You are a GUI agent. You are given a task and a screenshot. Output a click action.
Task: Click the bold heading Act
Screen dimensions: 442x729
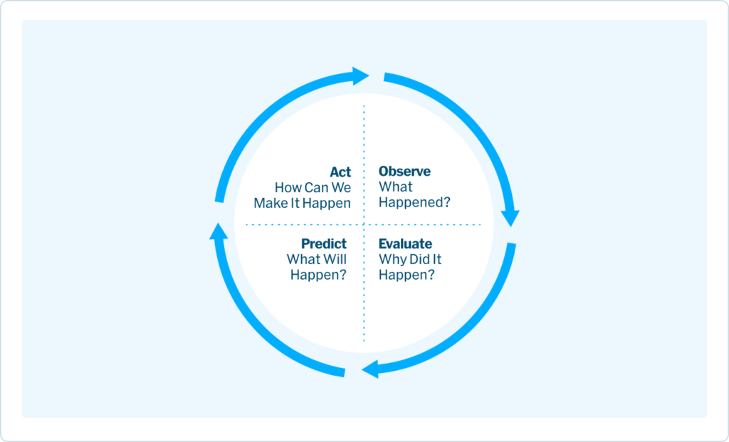click(x=340, y=172)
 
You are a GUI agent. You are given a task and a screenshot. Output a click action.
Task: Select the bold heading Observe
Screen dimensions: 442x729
click(x=404, y=172)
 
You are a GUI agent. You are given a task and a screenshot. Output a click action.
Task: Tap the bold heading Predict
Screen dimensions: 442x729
click(x=324, y=244)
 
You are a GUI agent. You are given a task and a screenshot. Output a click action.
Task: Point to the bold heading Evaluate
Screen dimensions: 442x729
click(x=405, y=244)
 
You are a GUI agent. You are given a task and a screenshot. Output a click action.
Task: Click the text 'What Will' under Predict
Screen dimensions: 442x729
click(x=317, y=260)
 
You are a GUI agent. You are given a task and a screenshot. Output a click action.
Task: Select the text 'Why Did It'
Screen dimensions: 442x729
click(x=410, y=260)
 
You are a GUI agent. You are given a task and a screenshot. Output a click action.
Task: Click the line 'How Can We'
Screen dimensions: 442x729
click(x=313, y=188)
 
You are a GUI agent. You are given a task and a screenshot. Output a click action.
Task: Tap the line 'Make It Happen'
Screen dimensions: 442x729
click(x=303, y=203)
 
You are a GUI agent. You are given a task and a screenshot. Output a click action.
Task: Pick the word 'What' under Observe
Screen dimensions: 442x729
click(x=395, y=187)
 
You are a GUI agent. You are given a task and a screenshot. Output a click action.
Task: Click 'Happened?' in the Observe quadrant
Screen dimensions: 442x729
click(x=414, y=203)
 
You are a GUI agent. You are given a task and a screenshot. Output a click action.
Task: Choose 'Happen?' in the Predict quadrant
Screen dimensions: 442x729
click(x=318, y=275)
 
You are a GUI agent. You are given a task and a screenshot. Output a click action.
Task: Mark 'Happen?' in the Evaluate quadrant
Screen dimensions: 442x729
click(x=407, y=275)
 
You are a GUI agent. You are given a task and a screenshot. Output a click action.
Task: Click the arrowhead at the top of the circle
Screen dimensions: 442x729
click(x=360, y=75)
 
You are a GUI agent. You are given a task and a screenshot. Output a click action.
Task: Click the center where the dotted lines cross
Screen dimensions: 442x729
click(x=364, y=224)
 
